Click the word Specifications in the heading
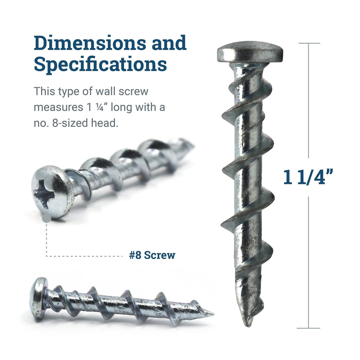click(100, 64)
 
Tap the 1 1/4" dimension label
click(308, 177)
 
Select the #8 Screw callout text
click(152, 255)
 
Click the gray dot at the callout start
click(46, 219)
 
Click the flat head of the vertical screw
click(250, 53)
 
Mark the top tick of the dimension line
click(309, 43)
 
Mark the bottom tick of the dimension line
click(309, 328)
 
